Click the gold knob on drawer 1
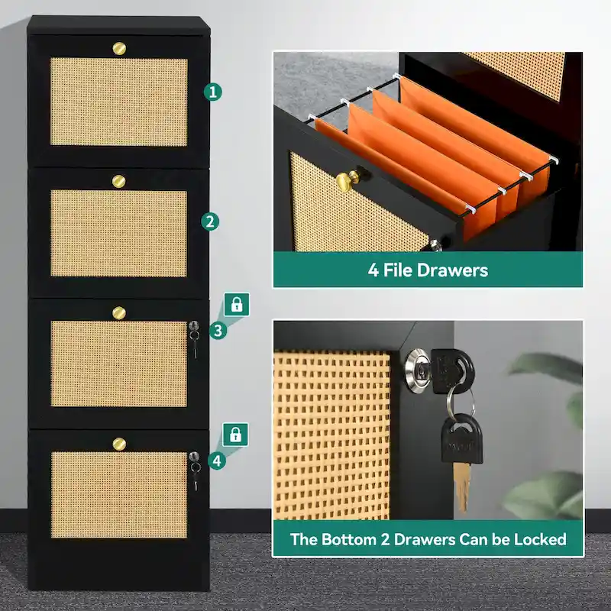coord(119,48)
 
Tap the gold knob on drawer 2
coord(119,181)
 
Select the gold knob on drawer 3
coord(119,312)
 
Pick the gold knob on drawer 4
coord(119,444)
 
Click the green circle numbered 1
coord(213,92)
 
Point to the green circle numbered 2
coord(210,221)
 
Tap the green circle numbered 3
coord(218,331)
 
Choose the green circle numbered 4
coord(217,461)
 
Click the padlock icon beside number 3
coord(237,304)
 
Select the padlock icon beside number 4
coord(235,435)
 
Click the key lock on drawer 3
coord(194,326)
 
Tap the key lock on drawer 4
coord(194,457)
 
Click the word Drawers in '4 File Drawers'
coord(452,270)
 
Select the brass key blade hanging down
coord(462,487)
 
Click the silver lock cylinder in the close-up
coord(419,369)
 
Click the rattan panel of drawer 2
coord(119,234)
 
